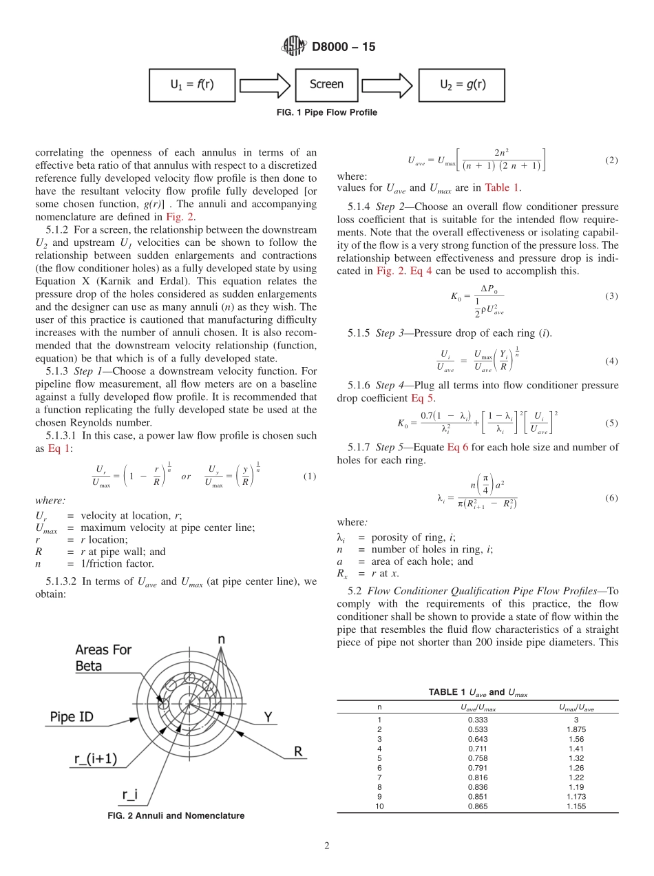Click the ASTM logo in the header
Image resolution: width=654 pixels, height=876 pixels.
[294, 47]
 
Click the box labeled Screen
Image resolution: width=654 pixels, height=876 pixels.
[326, 85]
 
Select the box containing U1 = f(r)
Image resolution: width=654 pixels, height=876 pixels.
[192, 85]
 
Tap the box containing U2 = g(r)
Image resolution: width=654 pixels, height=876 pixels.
[461, 85]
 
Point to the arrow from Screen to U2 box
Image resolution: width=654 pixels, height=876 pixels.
[388, 85]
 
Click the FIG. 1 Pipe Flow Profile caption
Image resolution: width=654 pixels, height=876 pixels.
[327, 112]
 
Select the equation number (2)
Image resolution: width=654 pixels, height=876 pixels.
[611, 160]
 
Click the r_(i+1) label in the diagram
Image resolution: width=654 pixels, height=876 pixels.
[96, 759]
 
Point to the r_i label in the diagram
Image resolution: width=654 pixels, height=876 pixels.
[129, 794]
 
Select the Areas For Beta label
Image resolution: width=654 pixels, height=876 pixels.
[103, 658]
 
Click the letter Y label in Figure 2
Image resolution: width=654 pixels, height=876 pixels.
[268, 717]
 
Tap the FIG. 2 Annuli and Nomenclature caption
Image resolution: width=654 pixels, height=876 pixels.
[176, 815]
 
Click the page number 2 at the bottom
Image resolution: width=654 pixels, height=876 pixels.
[326, 846]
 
